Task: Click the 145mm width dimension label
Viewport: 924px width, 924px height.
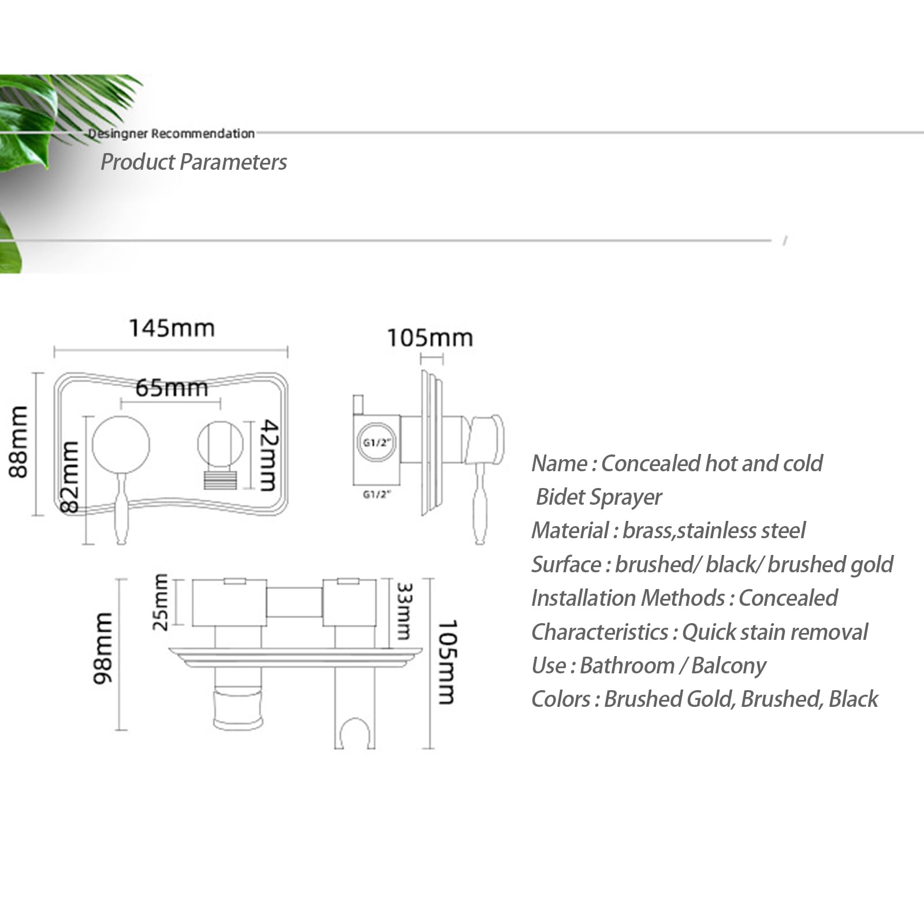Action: [x=172, y=328]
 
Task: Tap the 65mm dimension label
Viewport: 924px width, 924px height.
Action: [x=172, y=388]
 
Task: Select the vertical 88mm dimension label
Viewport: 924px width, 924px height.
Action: [x=18, y=442]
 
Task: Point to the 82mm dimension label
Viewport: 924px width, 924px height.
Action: [x=70, y=476]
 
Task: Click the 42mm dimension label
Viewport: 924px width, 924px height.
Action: [x=269, y=455]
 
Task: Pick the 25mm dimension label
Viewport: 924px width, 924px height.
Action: [x=161, y=602]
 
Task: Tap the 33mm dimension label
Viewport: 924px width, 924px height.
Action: [x=404, y=612]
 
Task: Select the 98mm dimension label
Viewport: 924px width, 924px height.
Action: [x=103, y=648]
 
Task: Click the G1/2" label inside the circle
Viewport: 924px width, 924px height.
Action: [x=377, y=443]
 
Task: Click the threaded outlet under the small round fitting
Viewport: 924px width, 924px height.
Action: [x=220, y=480]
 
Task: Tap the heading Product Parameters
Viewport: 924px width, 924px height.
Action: [x=193, y=162]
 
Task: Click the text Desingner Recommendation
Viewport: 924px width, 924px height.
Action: [x=171, y=133]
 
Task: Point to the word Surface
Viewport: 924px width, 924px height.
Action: [x=566, y=564]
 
